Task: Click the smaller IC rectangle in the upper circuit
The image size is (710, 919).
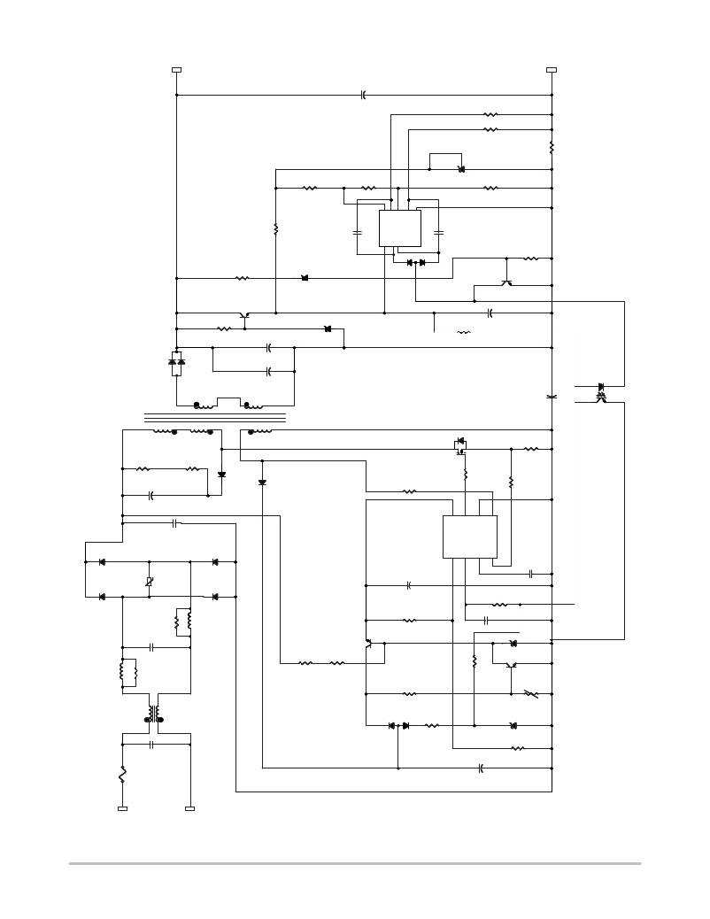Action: [x=399, y=228]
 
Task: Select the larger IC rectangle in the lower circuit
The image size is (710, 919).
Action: [x=469, y=537]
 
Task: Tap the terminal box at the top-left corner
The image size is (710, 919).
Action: [x=176, y=69]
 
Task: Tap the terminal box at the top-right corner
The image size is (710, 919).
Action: [x=552, y=69]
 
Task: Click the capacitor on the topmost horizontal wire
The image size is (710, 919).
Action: [x=364, y=95]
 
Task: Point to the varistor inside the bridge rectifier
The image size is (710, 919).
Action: [x=149, y=581]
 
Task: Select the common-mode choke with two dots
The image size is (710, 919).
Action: [x=156, y=714]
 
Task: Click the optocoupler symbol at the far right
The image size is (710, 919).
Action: [x=601, y=392]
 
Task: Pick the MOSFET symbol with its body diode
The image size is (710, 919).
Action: [x=460, y=444]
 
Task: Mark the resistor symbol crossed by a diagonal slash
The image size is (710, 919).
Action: [x=530, y=693]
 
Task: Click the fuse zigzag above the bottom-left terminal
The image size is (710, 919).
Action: [x=122, y=775]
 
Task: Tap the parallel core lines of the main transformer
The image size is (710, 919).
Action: [x=214, y=417]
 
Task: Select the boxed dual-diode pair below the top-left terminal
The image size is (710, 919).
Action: [x=176, y=362]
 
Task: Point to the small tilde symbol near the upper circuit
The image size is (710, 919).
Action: [x=463, y=333]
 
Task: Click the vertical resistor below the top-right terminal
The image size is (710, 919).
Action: [x=552, y=147]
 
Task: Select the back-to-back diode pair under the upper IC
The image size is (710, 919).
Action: [x=415, y=262]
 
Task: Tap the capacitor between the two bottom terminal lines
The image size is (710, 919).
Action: [x=152, y=745]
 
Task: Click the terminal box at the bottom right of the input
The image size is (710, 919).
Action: [x=189, y=808]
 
